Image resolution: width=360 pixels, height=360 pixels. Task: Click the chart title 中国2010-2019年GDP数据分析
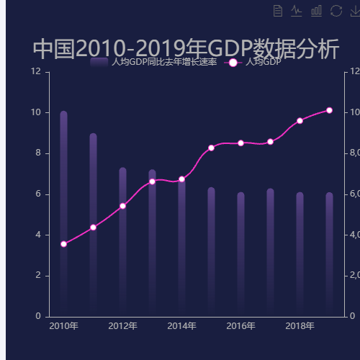[186, 49]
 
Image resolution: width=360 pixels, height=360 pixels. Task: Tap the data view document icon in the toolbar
[278, 10]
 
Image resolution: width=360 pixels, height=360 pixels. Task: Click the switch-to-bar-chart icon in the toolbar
[316, 10]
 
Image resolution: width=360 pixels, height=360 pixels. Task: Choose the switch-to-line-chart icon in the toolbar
[297, 10]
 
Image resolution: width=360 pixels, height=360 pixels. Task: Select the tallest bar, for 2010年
[63, 209]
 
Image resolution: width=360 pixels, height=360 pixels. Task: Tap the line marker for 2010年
[63, 244]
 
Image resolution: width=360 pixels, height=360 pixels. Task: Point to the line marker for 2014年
[181, 179]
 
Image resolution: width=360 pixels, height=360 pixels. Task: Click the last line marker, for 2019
[329, 110]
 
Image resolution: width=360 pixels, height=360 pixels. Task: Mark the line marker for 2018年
[300, 120]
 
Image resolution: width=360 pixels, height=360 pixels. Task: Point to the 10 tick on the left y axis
[35, 112]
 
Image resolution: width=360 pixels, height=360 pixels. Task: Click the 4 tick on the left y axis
[37, 235]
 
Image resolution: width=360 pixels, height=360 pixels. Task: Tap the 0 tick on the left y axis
[37, 316]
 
